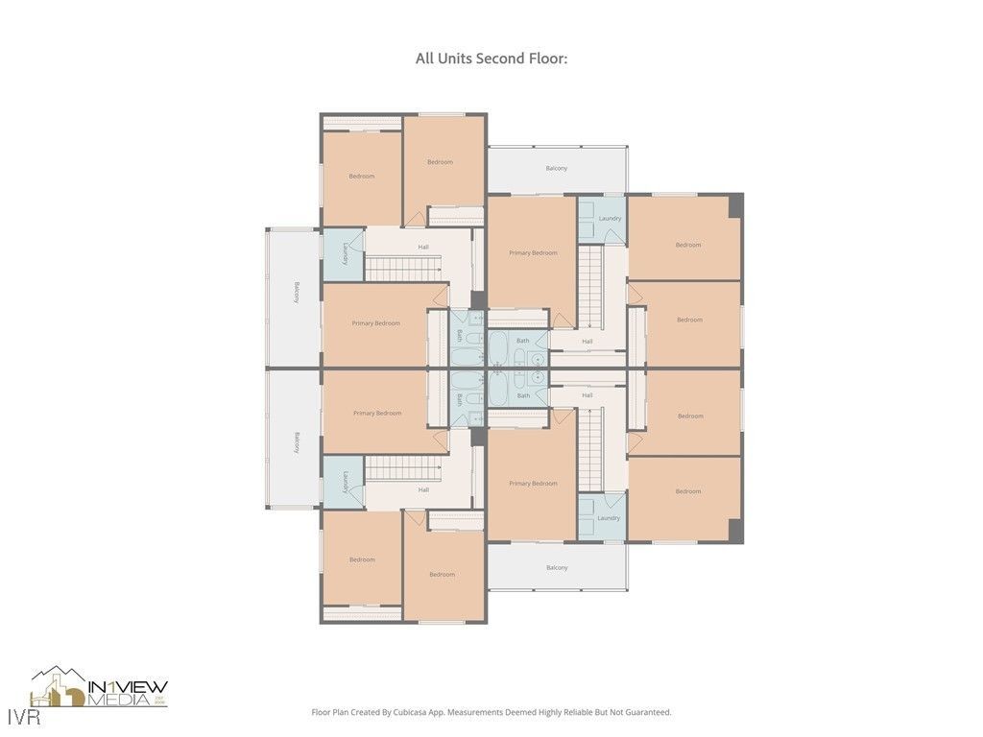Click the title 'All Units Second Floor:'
pos(491,59)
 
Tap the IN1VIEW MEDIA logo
pos(100,687)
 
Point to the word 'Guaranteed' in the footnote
pos(647,712)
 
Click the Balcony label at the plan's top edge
pos(557,168)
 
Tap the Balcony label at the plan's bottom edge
pos(557,567)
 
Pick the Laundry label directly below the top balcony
pos(610,218)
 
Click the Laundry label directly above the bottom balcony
pos(609,518)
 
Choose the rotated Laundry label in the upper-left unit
pos(344,254)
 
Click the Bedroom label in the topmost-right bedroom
pos(688,245)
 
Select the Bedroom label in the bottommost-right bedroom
pos(688,491)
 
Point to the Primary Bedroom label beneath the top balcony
pos(533,252)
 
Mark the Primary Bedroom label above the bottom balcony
pos(533,483)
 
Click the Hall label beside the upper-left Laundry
pos(423,247)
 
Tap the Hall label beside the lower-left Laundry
pos(423,489)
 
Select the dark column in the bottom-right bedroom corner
pos(735,531)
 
